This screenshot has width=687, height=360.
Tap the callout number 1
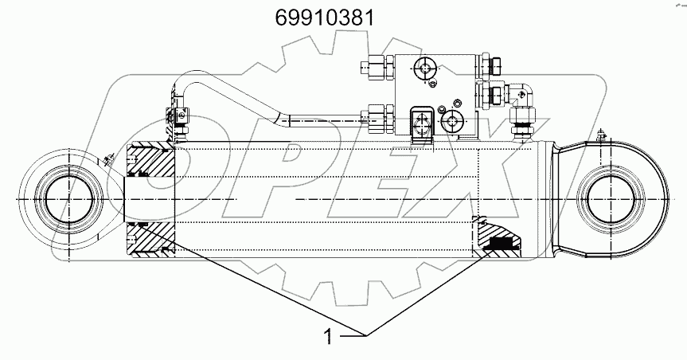[327, 336]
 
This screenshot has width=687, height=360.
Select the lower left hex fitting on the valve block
[375, 119]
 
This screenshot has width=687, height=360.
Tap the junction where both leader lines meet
[367, 331]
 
